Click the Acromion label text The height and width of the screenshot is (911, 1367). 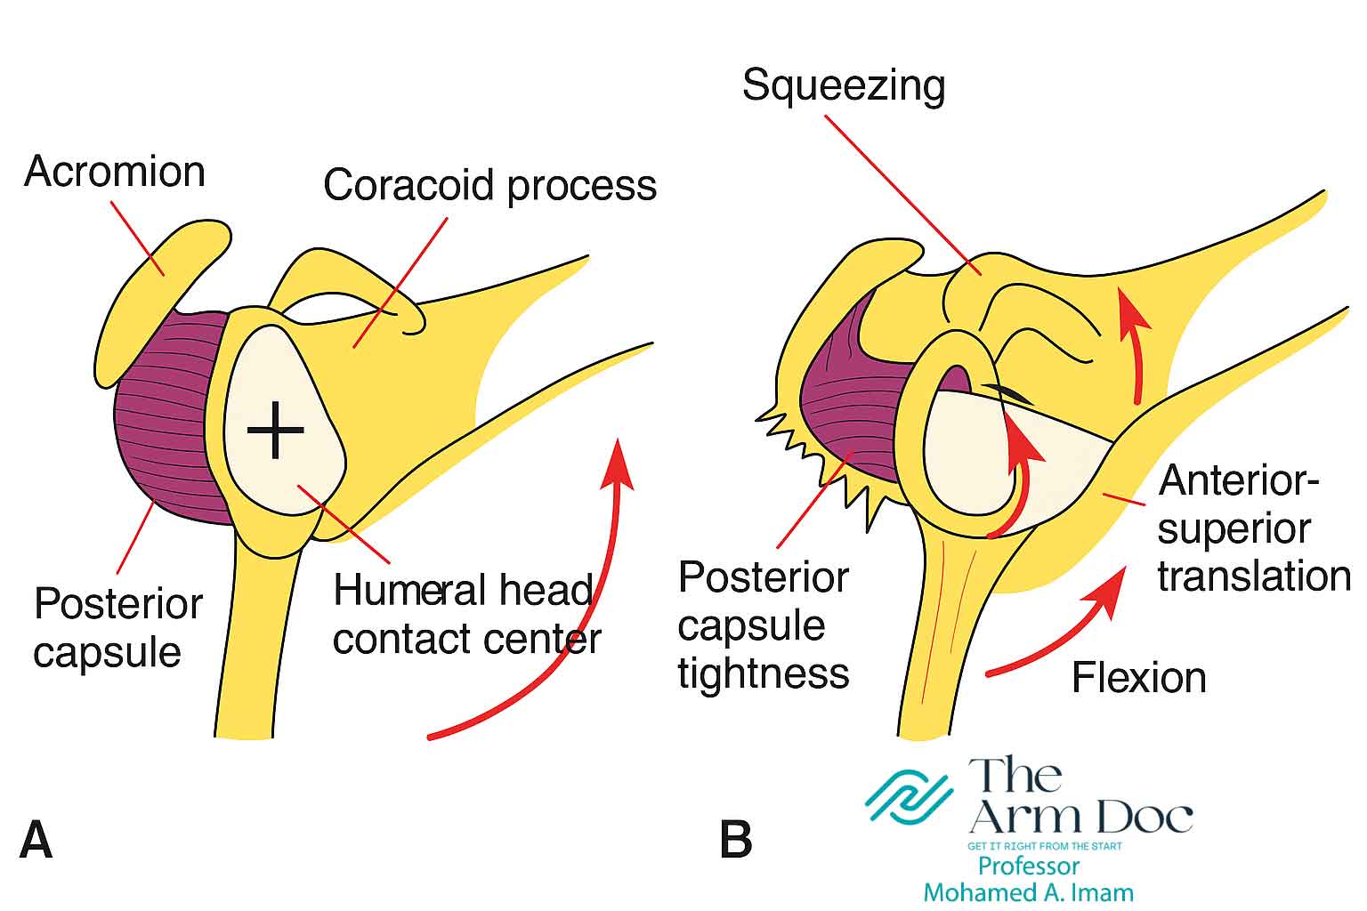pos(115,171)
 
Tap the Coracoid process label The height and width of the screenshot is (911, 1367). pos(489,185)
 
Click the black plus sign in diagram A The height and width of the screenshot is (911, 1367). pos(276,430)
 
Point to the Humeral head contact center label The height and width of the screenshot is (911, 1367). pos(465,615)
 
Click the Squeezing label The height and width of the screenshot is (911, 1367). pos(843,86)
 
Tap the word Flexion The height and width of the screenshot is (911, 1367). pos(1138,678)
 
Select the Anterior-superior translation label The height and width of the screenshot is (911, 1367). pos(1250,528)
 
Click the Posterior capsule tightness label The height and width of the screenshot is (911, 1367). pos(764,625)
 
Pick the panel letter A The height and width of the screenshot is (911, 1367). pos(36,839)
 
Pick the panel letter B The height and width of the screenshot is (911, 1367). pos(735,839)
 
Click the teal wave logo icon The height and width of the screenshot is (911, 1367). pos(909,794)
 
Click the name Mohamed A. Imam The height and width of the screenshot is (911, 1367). pos(1028,891)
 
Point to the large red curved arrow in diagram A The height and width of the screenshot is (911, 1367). pos(570,623)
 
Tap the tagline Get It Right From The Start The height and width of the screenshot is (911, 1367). pos(1044,846)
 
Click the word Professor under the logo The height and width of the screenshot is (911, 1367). pos(1028,866)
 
